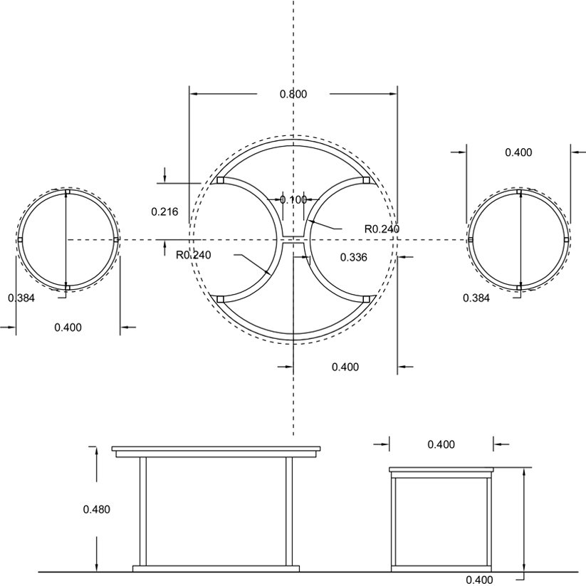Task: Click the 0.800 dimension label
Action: pos(293,94)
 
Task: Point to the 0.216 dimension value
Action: pos(164,212)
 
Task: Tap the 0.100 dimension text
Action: pos(293,200)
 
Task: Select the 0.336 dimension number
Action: pos(354,257)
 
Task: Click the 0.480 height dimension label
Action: pos(96,509)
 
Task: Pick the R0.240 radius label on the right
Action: pos(382,229)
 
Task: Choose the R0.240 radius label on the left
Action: pos(194,255)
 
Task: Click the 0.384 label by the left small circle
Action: pos(21,298)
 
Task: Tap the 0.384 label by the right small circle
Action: pos(476,298)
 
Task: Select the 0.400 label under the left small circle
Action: pos(68,328)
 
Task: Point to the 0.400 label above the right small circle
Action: pos(518,152)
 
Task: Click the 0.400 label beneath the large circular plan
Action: pos(345,367)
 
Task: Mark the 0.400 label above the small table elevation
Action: pos(441,444)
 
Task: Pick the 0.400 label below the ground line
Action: pos(479,580)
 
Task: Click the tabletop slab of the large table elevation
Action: pos(216,449)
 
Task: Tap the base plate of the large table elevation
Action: pos(216,568)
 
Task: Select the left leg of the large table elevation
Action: pos(143,511)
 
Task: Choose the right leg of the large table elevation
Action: pos(289,511)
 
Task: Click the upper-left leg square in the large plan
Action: pos(220,181)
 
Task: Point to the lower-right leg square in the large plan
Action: pos(367,299)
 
